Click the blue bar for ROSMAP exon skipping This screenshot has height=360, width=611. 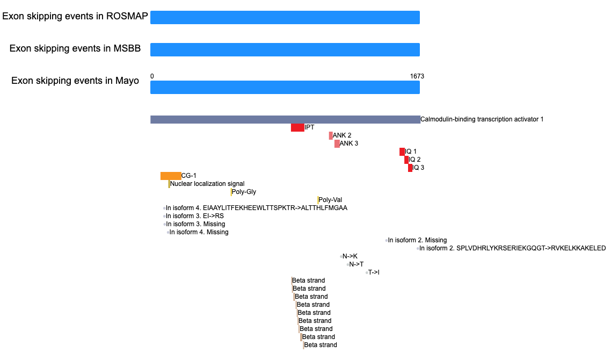285,18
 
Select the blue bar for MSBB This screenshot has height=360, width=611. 285,49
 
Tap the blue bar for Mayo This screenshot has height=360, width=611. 285,88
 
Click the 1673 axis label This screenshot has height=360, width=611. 417,76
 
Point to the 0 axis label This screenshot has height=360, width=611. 152,76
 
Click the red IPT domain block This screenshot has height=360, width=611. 297,127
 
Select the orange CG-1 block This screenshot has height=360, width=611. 171,176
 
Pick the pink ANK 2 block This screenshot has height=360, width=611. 331,136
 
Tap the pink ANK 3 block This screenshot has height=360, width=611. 337,143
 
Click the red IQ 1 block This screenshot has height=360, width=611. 402,152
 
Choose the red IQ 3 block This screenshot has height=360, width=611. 410,168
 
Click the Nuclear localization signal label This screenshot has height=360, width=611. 207,184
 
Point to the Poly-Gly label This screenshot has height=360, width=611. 244,192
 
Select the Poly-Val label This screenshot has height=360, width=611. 330,200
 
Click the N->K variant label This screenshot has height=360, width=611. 350,257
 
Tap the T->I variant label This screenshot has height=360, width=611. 374,272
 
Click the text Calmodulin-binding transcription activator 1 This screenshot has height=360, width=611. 482,119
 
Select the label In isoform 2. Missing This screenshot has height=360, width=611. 417,240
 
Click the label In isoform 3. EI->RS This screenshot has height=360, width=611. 195,216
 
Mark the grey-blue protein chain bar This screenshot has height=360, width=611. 285,119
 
